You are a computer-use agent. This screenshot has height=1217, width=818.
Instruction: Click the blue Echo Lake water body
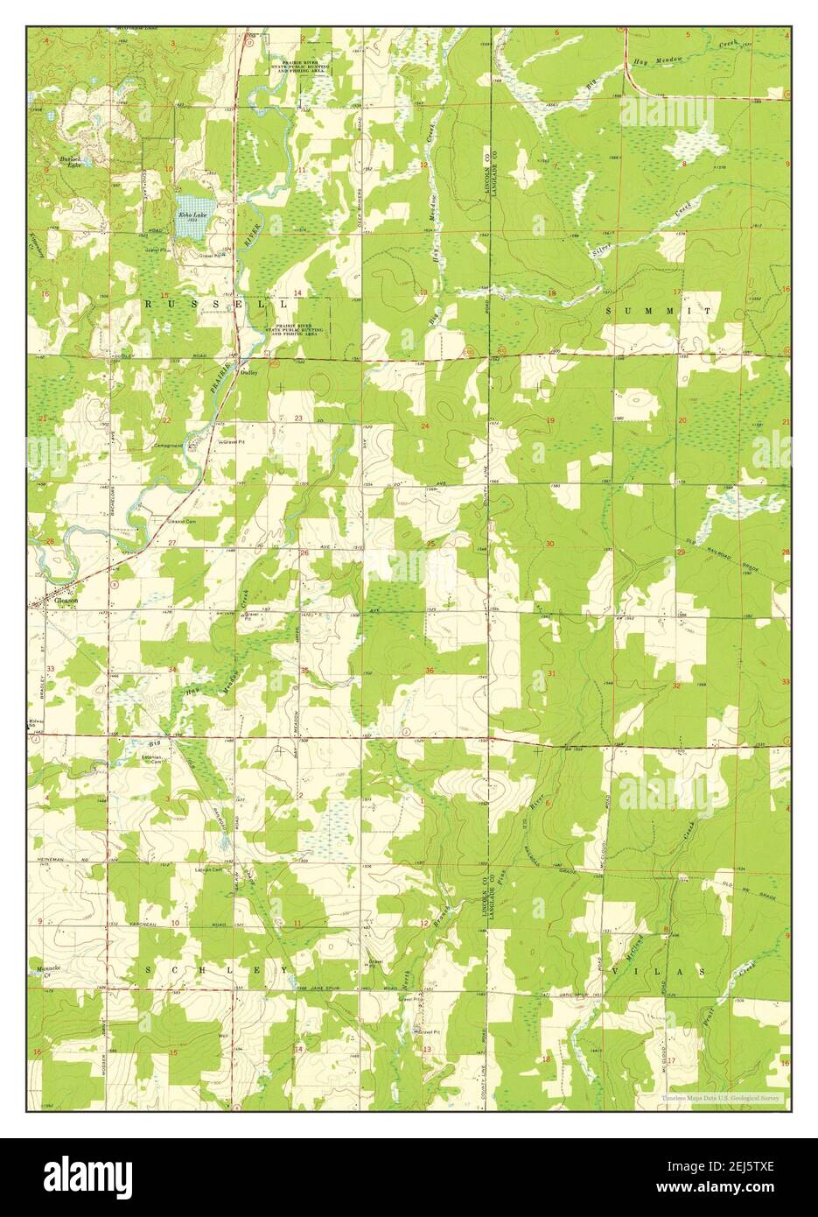pyautogui.click(x=192, y=227)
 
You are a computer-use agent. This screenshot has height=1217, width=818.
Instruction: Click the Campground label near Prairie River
pyautogui.click(x=169, y=446)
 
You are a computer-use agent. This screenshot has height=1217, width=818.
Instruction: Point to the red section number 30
pyautogui.click(x=549, y=544)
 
